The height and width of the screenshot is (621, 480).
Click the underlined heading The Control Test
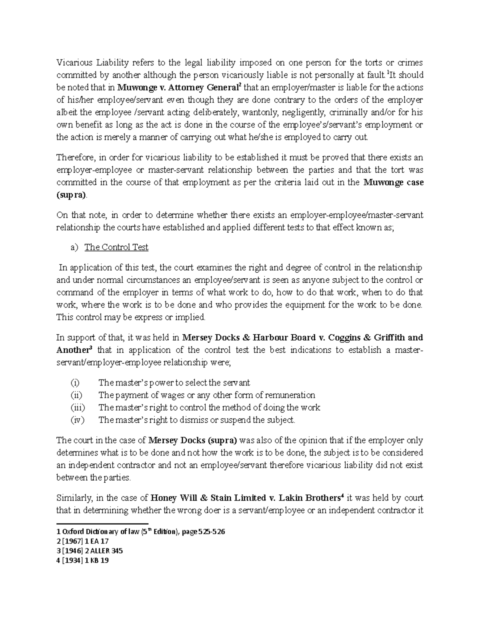click(116, 247)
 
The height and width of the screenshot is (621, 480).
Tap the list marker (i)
click(75, 383)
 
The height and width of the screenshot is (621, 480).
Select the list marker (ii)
click(76, 395)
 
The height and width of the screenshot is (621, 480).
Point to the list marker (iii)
click(77, 407)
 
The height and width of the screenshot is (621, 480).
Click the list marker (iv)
click(77, 420)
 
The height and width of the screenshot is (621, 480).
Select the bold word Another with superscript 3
click(73, 350)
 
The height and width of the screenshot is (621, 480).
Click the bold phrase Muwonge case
click(393, 182)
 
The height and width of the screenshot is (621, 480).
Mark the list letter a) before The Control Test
click(74, 247)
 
